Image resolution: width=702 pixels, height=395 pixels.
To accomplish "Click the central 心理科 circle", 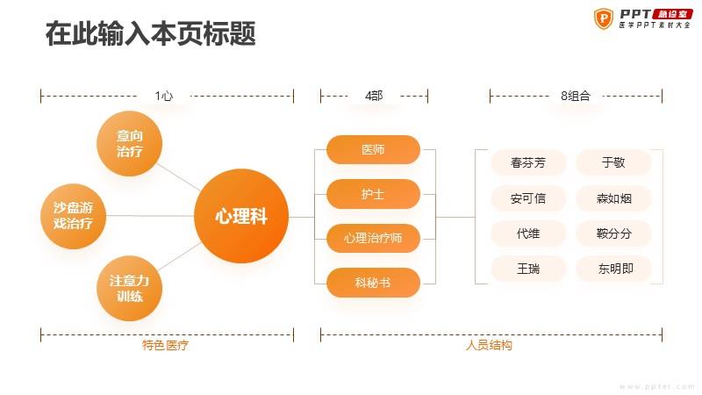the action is tap(241, 216).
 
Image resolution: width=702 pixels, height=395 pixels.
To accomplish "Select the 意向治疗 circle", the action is tap(129, 143).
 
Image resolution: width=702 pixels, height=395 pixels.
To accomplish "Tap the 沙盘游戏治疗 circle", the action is tap(73, 216).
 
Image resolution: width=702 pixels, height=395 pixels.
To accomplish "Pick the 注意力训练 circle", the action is tap(129, 288).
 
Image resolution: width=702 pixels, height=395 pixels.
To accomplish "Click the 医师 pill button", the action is tap(373, 149).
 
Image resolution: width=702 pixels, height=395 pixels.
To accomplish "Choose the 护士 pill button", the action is tap(373, 194).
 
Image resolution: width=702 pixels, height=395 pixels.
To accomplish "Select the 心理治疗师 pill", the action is tap(373, 238).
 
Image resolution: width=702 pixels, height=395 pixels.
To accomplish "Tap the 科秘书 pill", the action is tap(373, 283).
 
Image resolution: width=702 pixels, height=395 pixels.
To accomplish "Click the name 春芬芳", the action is tap(528, 162).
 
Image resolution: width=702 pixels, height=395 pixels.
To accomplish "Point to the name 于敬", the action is tap(613, 162).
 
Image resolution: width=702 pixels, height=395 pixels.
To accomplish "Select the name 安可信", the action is tap(528, 198).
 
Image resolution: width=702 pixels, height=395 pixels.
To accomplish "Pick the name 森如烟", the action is tap(613, 198).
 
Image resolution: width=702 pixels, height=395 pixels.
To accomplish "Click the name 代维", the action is tap(528, 233).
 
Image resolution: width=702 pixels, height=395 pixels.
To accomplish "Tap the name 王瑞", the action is tap(528, 269).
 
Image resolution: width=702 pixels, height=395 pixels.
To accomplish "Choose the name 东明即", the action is tap(616, 269).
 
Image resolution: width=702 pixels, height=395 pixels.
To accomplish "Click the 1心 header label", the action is tap(164, 96).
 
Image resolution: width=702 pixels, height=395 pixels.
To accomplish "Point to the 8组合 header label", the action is tap(576, 96).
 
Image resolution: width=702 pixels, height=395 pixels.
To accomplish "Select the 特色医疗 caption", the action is tap(165, 345).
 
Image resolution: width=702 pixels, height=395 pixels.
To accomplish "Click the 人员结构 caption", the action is tap(489, 345).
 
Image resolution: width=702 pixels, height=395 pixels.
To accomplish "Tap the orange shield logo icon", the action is tap(604, 18).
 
